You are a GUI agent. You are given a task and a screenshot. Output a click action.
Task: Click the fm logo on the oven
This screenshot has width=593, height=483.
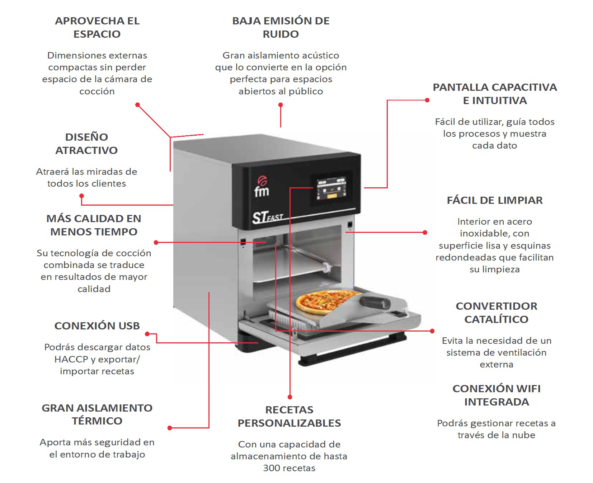(x=262, y=186)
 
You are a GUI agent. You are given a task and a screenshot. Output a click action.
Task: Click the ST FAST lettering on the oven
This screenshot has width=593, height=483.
(x=268, y=217)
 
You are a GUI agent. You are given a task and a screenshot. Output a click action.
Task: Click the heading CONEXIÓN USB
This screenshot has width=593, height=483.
(x=97, y=326)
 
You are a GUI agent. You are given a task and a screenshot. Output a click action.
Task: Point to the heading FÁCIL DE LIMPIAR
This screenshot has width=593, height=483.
(x=495, y=200)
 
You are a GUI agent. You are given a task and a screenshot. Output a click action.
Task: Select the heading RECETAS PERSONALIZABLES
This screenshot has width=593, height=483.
(x=289, y=416)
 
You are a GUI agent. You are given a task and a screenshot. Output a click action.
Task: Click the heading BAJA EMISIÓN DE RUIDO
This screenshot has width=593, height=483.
(x=281, y=27)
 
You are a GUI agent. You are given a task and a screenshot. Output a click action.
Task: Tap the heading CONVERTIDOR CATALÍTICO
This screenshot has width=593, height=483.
(x=496, y=313)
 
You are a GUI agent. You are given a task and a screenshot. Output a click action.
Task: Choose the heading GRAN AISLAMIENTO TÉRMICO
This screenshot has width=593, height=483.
(x=97, y=414)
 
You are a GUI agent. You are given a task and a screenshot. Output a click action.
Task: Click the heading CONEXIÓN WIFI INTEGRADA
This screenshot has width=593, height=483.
(x=496, y=395)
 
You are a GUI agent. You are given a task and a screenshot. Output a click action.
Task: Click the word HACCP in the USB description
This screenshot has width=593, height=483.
(x=71, y=359)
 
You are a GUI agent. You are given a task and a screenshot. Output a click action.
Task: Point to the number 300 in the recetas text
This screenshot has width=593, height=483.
(x=271, y=468)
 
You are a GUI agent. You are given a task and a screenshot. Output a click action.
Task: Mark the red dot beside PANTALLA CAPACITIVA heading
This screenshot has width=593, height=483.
(x=427, y=100)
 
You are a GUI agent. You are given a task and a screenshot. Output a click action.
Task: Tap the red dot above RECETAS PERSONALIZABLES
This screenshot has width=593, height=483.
(x=290, y=397)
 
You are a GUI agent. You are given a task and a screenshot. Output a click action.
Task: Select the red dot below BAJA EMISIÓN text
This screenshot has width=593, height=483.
(x=281, y=105)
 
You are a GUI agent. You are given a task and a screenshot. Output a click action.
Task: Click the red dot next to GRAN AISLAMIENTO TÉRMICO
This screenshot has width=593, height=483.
(x=170, y=428)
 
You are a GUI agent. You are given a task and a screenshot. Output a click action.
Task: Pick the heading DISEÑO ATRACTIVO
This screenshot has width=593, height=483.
(x=86, y=144)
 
